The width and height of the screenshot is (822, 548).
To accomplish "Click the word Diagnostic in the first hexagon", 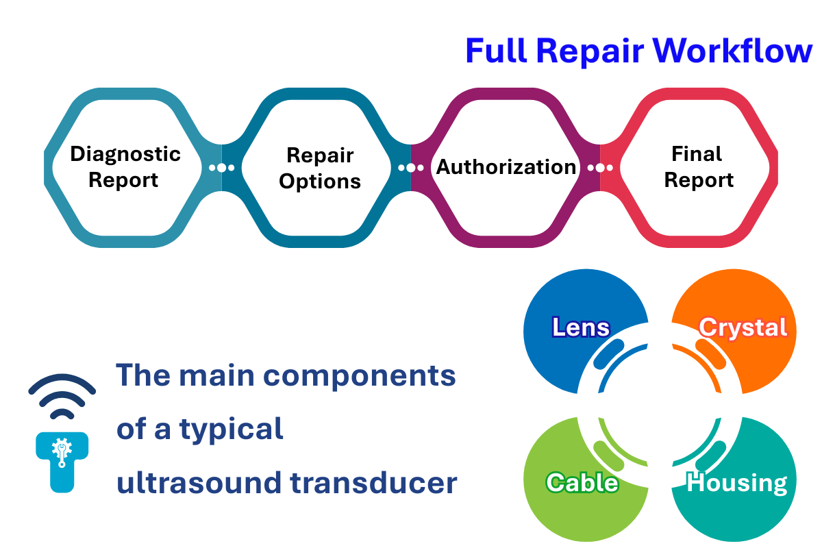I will pos(125,153).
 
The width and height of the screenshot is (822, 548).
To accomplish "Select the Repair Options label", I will pos(320,168).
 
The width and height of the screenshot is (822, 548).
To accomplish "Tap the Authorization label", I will pos(506,167).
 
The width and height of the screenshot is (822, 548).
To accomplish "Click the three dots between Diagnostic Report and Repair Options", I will pos(221,168).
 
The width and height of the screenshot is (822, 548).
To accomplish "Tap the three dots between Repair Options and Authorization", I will pos(410,168).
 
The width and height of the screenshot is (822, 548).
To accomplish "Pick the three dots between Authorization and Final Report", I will pos(600,168).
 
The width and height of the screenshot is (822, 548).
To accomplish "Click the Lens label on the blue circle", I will pos(581,327).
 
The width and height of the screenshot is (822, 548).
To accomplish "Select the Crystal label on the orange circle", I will pos(743,327).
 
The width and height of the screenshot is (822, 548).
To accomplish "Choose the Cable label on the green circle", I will pos(582,482).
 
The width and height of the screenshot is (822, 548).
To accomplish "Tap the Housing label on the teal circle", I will pos(736,482).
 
